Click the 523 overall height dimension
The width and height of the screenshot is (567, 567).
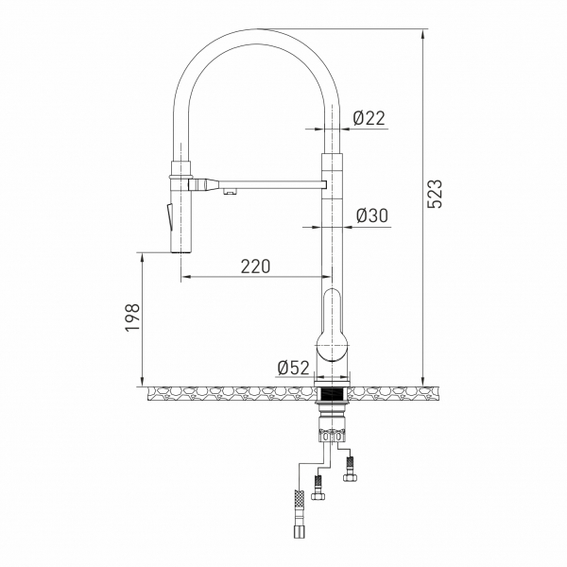[435, 193]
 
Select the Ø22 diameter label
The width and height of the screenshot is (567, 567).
[369, 117]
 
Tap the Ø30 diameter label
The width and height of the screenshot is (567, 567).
[371, 215]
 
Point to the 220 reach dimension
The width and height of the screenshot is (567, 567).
[254, 266]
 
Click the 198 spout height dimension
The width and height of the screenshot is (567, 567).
[131, 319]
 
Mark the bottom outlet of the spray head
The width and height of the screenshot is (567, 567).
[181, 251]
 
